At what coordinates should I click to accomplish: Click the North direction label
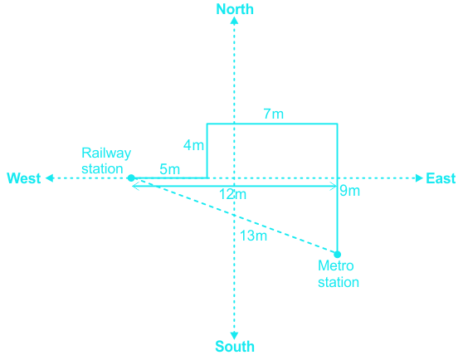[235, 9]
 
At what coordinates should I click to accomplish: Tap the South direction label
[235, 347]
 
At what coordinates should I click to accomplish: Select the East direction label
[441, 178]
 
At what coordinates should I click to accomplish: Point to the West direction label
[24, 178]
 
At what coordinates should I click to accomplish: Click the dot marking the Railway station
[131, 178]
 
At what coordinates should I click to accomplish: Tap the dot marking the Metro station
[337, 254]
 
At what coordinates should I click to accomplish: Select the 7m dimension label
[274, 114]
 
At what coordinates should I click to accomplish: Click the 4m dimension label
[193, 145]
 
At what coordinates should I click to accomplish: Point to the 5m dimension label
[170, 169]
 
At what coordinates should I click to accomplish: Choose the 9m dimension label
[350, 191]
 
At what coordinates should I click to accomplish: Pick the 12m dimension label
[232, 194]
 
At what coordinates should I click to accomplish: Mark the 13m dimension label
[253, 236]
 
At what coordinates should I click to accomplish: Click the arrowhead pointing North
[234, 21]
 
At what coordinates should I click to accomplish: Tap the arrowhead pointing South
[234, 335]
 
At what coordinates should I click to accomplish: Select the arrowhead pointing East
[419, 178]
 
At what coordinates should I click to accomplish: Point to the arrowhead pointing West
[50, 178]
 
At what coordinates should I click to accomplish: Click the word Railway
[106, 153]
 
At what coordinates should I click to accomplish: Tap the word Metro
[336, 266]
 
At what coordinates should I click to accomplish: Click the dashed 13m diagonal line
[234, 216]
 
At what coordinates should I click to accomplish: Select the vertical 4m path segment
[207, 151]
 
